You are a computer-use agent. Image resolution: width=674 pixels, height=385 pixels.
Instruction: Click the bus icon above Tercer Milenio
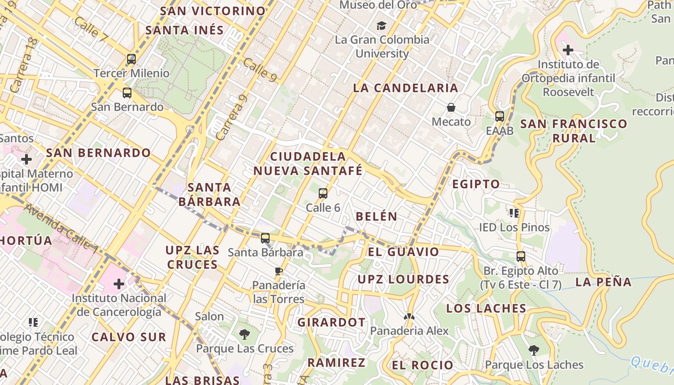(x=131, y=59)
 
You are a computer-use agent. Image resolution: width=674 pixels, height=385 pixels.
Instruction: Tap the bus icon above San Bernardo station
(x=127, y=93)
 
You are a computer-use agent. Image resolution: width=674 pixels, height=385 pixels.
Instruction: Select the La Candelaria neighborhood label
(x=405, y=88)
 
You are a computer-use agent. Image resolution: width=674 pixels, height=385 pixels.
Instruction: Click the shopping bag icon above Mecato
(x=451, y=107)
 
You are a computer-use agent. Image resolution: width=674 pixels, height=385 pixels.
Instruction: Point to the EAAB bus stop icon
(x=500, y=116)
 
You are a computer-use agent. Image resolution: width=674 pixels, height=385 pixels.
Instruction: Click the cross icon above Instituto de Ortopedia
(x=568, y=50)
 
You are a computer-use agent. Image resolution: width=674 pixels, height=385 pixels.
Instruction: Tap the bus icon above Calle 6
(x=323, y=193)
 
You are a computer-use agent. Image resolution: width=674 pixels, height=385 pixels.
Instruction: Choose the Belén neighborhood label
(x=376, y=217)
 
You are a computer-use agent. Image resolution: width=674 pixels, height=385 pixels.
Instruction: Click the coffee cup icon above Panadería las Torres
(x=279, y=271)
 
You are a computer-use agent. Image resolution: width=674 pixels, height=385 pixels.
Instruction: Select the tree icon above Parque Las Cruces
(x=245, y=334)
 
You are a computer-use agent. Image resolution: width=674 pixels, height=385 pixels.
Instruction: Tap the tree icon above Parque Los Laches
(x=533, y=350)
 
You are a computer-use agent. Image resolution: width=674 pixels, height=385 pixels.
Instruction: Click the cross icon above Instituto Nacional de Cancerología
(x=119, y=284)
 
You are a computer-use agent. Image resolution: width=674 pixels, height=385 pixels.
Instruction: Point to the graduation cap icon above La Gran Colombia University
(x=382, y=26)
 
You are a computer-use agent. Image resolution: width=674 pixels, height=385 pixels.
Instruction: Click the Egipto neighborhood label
(x=476, y=184)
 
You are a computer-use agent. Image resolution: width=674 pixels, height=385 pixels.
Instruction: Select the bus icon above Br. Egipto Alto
(x=521, y=256)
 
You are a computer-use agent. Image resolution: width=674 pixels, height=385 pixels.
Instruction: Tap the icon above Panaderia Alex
(x=409, y=317)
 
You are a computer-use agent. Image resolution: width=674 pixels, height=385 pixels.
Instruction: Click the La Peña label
(x=603, y=282)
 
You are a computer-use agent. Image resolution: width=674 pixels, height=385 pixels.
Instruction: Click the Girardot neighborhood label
(x=331, y=322)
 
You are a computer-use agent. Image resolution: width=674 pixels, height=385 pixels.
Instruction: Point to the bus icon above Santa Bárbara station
(x=265, y=238)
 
